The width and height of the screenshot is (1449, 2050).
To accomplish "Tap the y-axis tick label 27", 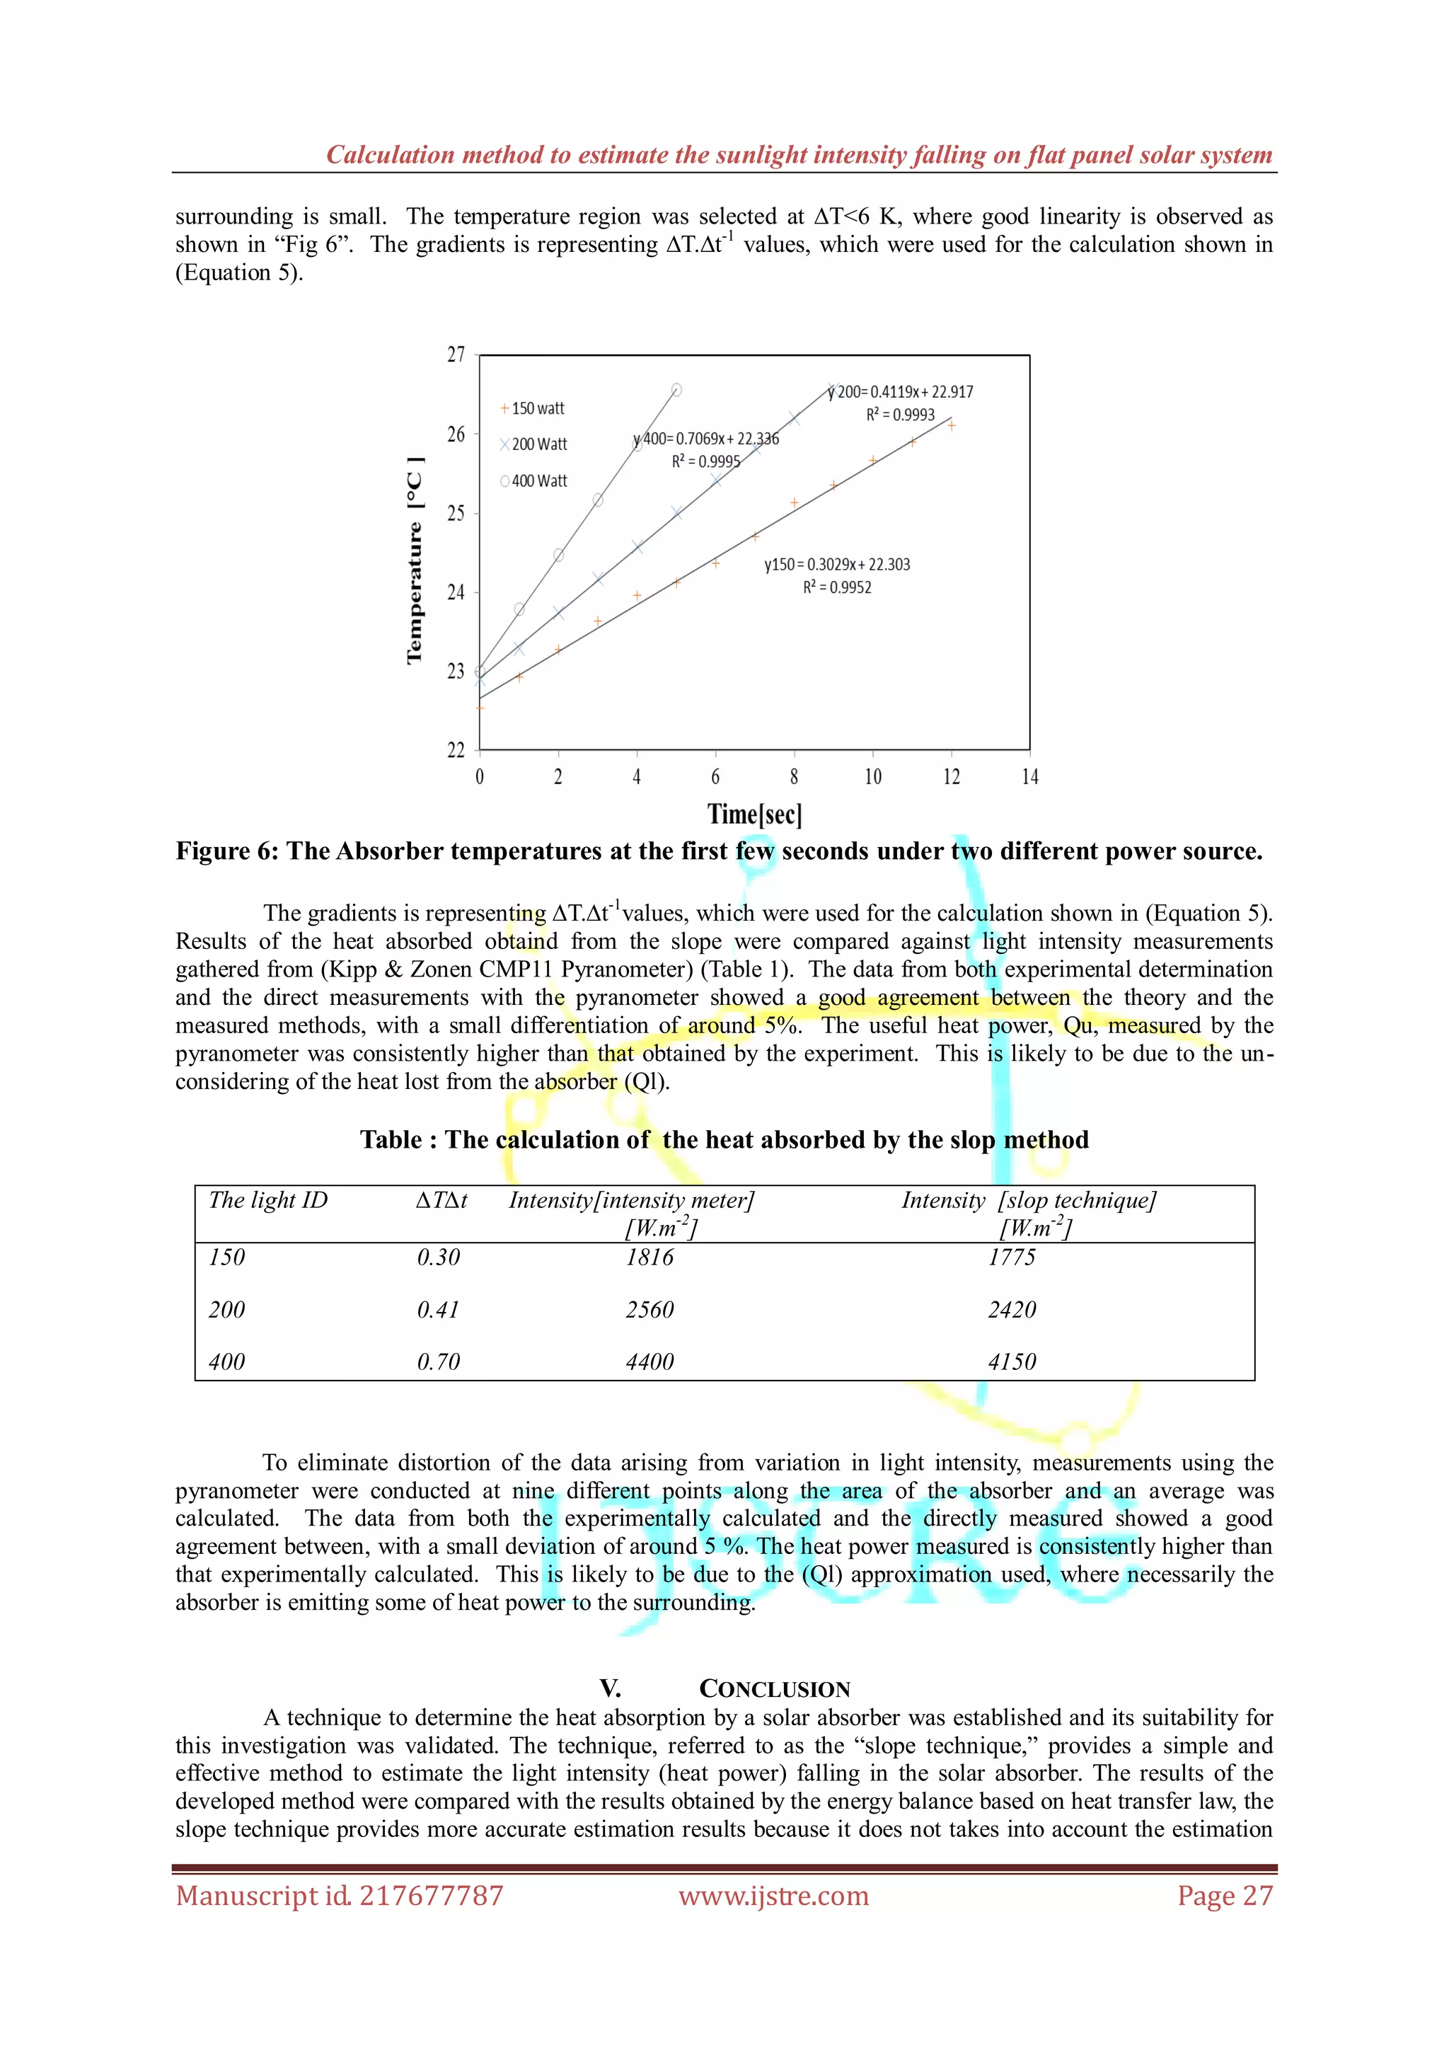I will [x=456, y=355].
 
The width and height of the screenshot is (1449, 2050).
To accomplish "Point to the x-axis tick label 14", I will [x=1029, y=777].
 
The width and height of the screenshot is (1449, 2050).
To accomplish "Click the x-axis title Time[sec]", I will [x=754, y=814].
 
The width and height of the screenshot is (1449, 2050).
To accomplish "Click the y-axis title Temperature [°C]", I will [x=415, y=560].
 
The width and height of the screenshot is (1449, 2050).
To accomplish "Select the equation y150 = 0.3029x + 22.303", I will [x=836, y=564].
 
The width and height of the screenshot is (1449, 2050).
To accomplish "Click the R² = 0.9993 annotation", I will [x=900, y=415].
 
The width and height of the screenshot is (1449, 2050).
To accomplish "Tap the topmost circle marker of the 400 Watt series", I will [x=676, y=389].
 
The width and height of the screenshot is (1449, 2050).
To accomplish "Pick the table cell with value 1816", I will [x=650, y=1257].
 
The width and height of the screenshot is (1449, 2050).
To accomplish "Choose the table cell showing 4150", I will [x=1012, y=1361].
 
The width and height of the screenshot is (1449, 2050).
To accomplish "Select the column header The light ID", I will [x=268, y=1200].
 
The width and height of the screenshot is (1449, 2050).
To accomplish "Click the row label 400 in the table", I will [x=227, y=1361].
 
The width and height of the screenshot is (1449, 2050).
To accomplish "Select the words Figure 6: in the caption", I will [x=227, y=851].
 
